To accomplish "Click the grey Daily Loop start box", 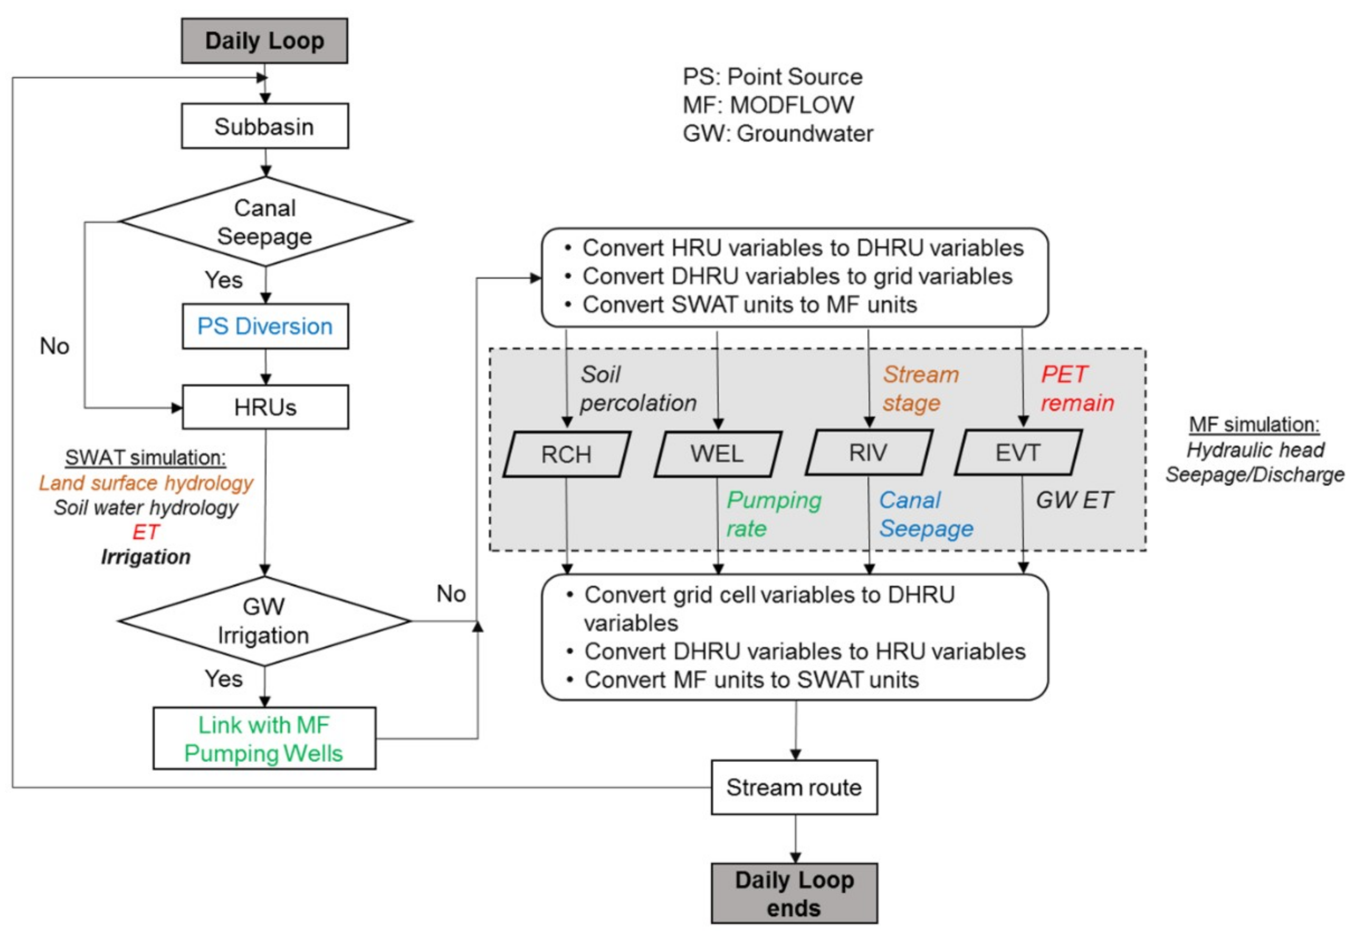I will click(264, 41).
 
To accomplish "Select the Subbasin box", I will click(264, 126).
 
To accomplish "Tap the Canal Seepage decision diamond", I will click(265, 222).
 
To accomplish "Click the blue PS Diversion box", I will click(265, 326).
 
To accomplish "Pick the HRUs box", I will click(265, 407).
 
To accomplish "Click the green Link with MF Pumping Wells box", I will click(263, 739).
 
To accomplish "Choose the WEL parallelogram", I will click(717, 454).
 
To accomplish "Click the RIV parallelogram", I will click(868, 453).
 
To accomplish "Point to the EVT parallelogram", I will click(1018, 453).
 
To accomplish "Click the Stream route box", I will click(794, 787).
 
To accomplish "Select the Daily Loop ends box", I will click(794, 893).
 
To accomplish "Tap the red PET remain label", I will click(1077, 389).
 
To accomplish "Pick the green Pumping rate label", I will click(773, 514).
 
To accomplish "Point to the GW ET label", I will click(1074, 500).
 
